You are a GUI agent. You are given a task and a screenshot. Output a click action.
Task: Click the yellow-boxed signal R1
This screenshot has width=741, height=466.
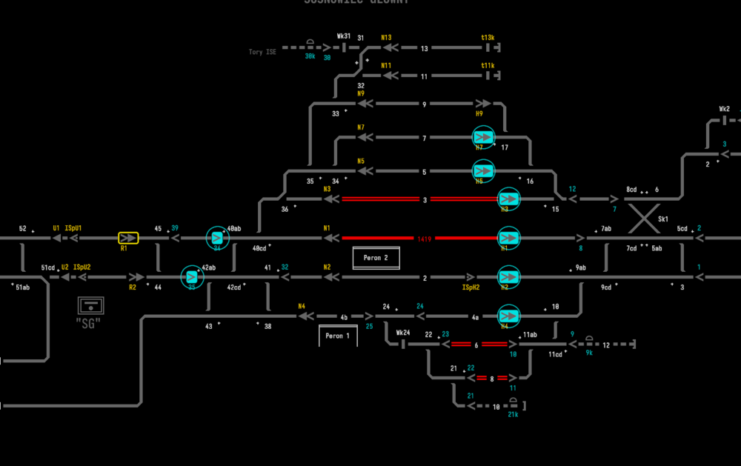click(x=128, y=238)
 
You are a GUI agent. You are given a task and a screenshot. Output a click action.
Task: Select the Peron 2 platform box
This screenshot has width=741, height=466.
click(x=376, y=258)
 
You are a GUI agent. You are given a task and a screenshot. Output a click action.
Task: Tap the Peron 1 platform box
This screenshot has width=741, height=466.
click(x=338, y=336)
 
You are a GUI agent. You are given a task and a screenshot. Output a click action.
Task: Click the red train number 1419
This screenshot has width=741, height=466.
click(x=425, y=239)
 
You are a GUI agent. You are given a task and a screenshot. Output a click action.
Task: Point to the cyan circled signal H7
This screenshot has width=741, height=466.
click(x=483, y=137)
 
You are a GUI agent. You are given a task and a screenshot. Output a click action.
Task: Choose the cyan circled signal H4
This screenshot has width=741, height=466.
click(x=508, y=315)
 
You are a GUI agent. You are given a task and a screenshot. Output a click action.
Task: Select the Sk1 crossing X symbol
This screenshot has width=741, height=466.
click(x=643, y=219)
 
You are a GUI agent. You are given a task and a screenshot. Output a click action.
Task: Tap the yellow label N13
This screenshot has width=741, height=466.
click(x=386, y=38)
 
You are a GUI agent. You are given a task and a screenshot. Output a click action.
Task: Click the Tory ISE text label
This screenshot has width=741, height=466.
click(x=262, y=52)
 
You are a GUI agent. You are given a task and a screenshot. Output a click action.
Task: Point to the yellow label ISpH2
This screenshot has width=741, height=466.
click(x=471, y=287)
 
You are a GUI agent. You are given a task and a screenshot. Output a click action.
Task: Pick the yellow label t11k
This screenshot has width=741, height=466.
click(x=488, y=65)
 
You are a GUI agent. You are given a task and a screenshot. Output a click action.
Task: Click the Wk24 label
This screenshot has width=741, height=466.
click(x=403, y=333)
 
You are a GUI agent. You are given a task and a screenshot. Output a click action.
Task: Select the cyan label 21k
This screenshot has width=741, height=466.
click(x=512, y=414)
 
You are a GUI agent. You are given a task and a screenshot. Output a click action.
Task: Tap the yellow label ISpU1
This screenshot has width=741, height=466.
click(x=73, y=228)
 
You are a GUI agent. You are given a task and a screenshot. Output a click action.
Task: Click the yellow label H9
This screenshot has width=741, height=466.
click(x=479, y=113)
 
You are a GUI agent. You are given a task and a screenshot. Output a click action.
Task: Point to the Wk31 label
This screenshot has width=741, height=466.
click(x=344, y=36)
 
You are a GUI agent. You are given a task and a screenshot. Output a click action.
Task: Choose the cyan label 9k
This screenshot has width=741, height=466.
click(x=589, y=353)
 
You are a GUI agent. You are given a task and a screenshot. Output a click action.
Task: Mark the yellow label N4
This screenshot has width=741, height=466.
click(x=302, y=306)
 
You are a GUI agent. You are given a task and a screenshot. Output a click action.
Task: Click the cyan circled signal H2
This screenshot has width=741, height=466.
click(x=508, y=276)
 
